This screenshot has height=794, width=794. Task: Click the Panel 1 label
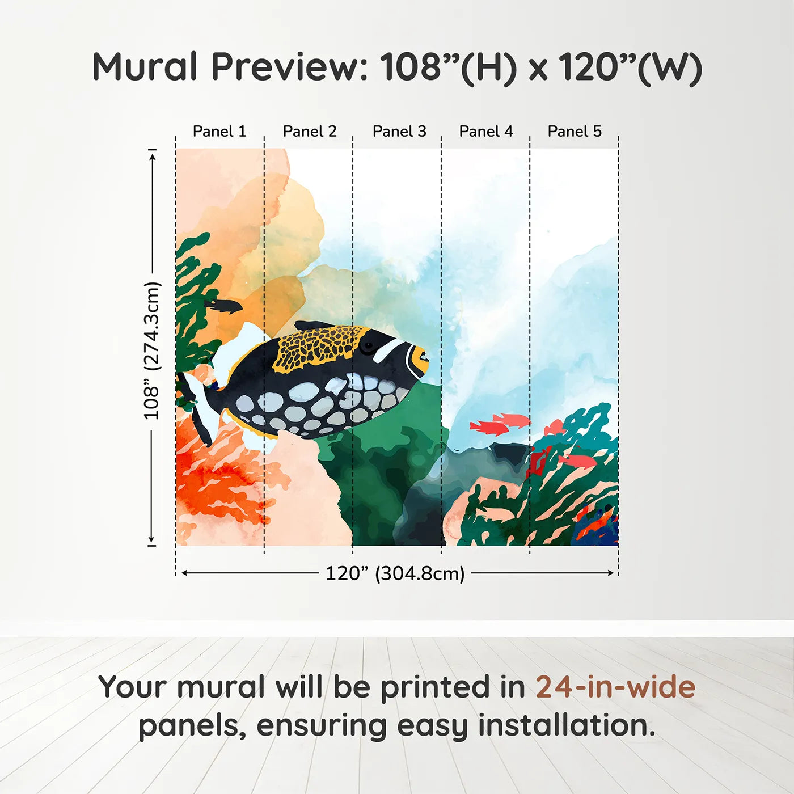pyautogui.click(x=219, y=132)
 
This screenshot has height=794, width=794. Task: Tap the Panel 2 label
pyautogui.click(x=310, y=132)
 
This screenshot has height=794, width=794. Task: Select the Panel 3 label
pyautogui.click(x=399, y=132)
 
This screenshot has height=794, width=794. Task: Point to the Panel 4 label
pyautogui.click(x=486, y=132)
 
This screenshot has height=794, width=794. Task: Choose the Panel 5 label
pyautogui.click(x=575, y=132)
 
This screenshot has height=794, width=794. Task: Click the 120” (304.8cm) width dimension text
pyautogui.click(x=395, y=573)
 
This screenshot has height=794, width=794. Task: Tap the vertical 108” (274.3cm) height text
pyautogui.click(x=152, y=350)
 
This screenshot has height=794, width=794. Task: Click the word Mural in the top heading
pyautogui.click(x=145, y=67)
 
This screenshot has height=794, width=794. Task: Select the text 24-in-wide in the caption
pyautogui.click(x=615, y=687)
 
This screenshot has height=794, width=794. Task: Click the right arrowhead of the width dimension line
pyautogui.click(x=611, y=573)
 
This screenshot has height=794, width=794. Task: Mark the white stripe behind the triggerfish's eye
pyautogui.click(x=388, y=350)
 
